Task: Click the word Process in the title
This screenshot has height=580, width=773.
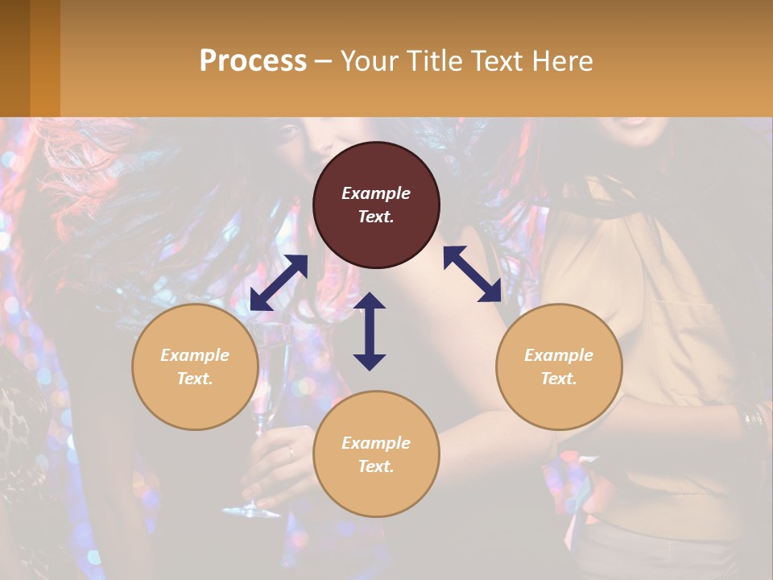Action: tap(253, 60)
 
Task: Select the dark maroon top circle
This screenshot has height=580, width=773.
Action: tap(376, 205)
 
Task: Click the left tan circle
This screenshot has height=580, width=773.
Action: tap(195, 367)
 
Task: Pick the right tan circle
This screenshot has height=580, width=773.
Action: tap(559, 367)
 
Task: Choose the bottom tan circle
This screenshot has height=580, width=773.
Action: tap(376, 454)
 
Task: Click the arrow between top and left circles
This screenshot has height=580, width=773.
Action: tap(279, 283)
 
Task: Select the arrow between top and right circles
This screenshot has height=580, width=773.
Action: tap(472, 274)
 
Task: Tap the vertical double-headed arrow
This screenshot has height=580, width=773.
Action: tap(370, 331)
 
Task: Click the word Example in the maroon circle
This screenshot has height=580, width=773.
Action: tap(376, 193)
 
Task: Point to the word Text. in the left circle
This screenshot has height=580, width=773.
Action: tap(195, 379)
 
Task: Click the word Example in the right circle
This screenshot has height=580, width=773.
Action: tap(559, 355)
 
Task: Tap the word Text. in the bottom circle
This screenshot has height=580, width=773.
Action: tap(376, 466)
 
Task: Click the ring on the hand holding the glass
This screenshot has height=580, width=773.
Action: tap(291, 454)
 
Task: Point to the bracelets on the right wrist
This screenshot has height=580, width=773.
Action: tap(754, 419)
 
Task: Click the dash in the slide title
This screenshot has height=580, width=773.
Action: tap(323, 61)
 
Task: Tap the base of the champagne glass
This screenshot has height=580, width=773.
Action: tap(251, 510)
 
